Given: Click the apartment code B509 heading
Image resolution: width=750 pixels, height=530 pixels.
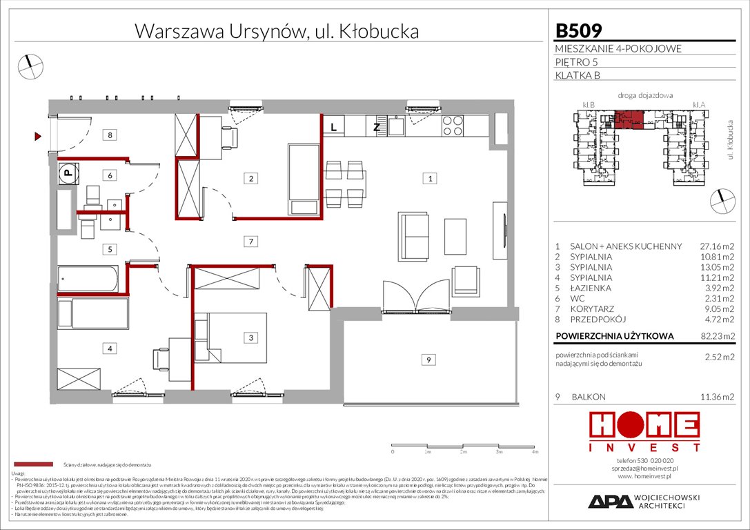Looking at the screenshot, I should point(579,30).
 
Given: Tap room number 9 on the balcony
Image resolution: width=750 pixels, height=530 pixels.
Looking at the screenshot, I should point(428,359).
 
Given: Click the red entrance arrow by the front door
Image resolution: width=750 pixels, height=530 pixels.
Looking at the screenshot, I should point(39,137).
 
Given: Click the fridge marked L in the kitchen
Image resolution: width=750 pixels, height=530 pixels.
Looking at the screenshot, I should point(333,126).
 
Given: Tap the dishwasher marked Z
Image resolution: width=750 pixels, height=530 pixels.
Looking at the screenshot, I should point(376,126).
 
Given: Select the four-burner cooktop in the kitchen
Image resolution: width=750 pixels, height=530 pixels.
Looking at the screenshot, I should point(452,126).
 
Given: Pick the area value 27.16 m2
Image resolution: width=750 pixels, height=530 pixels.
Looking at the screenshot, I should point(717,246).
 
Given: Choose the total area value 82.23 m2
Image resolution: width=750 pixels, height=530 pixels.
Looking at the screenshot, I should point(717,337).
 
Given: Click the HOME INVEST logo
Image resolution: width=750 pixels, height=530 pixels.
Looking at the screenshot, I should point(643,432).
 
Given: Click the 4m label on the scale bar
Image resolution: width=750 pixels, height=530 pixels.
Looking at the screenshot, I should point(535,453).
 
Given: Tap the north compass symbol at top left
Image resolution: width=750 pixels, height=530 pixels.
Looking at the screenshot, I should point(31,66).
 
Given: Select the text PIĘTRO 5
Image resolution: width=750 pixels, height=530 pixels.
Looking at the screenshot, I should point(577,62).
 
